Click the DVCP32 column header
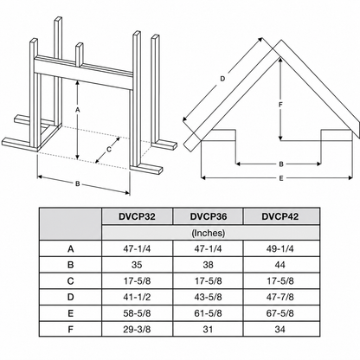(x=137, y=216)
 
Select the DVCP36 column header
(x=209, y=216)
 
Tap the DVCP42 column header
(x=280, y=216)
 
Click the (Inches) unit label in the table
(x=209, y=233)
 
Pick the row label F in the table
(x=70, y=329)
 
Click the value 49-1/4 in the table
(x=280, y=248)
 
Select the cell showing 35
(x=137, y=265)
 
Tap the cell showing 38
(x=208, y=265)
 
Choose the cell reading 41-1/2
(x=137, y=297)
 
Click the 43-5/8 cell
(x=209, y=297)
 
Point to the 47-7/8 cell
(x=280, y=297)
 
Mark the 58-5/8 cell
(x=137, y=313)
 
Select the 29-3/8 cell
(x=137, y=329)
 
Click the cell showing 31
(x=208, y=329)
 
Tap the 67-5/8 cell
(x=280, y=313)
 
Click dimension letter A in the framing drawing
(x=77, y=110)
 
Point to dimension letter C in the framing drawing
(x=109, y=150)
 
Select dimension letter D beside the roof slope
(x=222, y=79)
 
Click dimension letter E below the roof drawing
(x=281, y=178)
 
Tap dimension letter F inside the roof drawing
(x=280, y=105)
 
